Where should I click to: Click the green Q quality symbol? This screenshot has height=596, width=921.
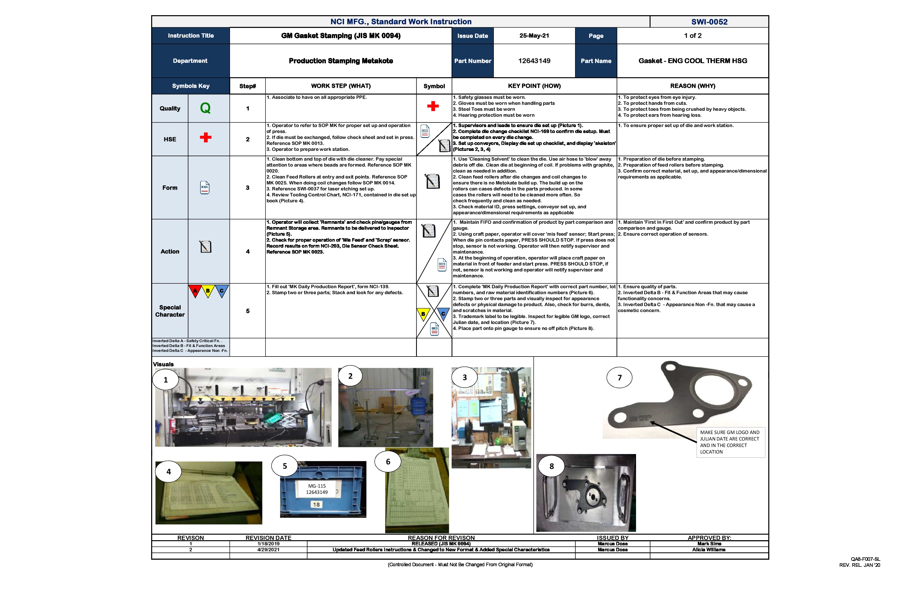205,108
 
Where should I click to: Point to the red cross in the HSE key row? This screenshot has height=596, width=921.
206,137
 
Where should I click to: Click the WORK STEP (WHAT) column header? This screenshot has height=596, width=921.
340,86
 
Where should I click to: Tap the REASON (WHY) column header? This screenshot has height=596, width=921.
692,86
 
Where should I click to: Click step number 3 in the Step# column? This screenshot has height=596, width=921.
248,188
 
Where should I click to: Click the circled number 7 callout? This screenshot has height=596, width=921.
619,378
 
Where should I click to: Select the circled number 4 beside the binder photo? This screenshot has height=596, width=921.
168,471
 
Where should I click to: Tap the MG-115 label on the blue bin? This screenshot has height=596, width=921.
317,486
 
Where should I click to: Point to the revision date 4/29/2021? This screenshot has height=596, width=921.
268,550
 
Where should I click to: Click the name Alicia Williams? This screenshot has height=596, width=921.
709,550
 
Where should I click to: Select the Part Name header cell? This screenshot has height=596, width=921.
596,61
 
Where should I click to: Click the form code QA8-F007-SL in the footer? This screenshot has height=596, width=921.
865,559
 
